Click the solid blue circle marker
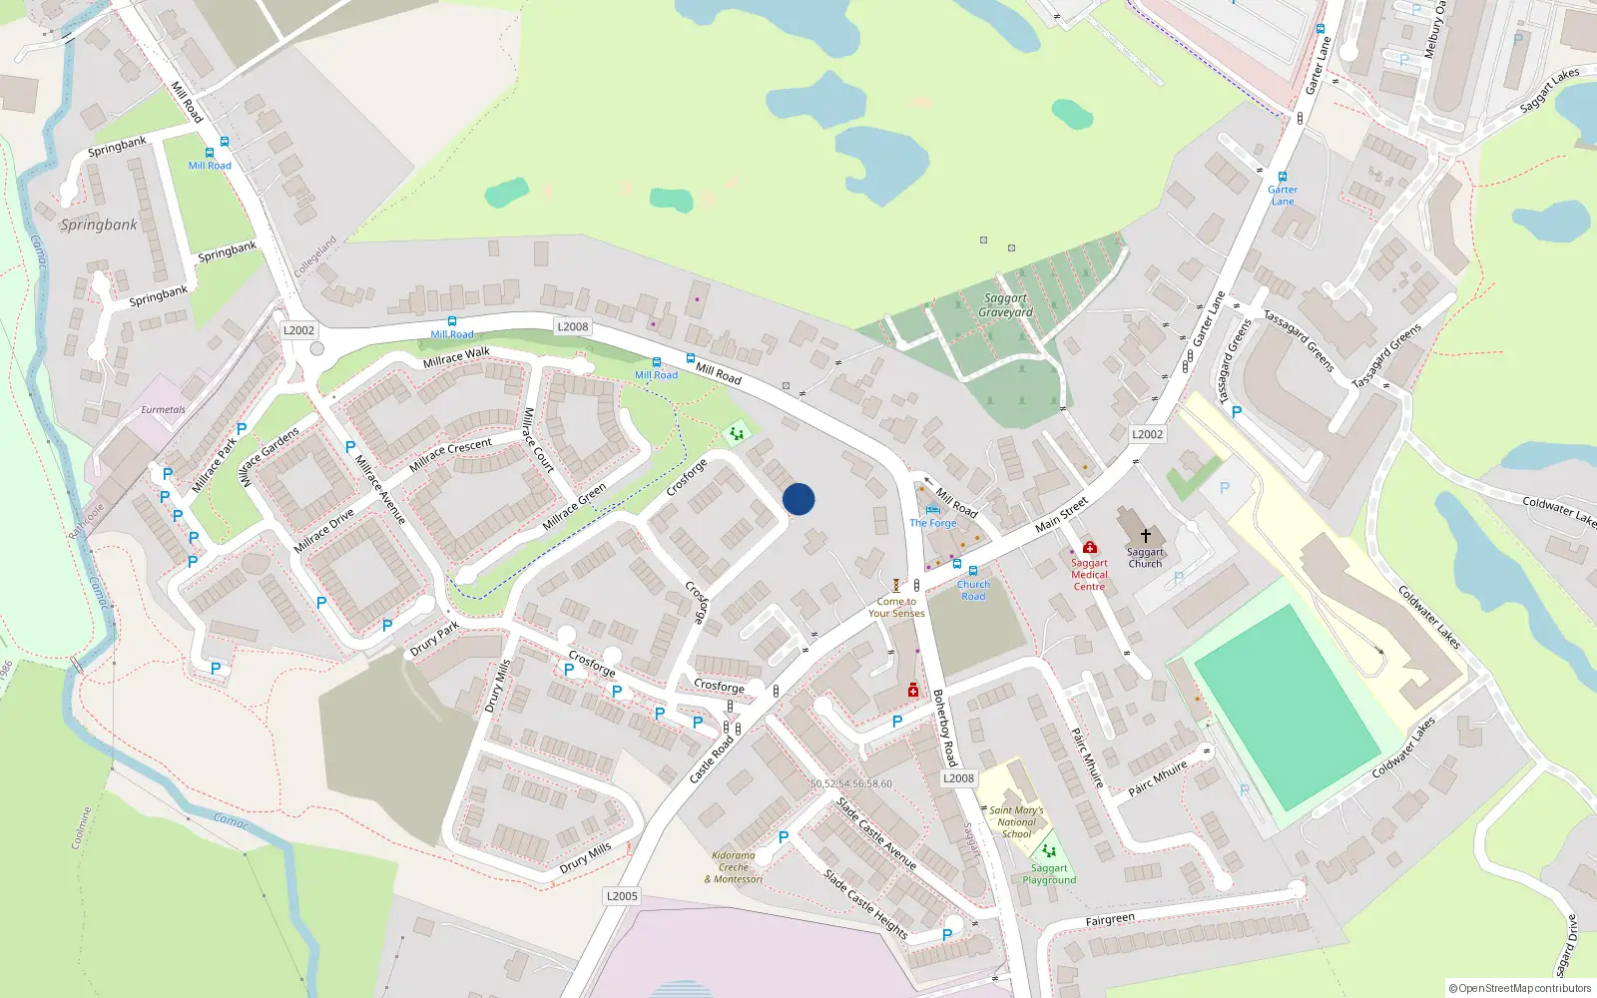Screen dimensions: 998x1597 pyautogui.click(x=798, y=499)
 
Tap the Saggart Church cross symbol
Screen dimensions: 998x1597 pyautogui.click(x=1146, y=536)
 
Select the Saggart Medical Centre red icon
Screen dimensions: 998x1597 pyautogui.click(x=1090, y=547)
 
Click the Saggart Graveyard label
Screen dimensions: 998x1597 pyautogui.click(x=1005, y=305)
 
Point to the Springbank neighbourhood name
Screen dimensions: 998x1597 pyautogui.click(x=99, y=225)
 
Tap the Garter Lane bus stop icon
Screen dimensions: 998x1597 pyautogui.click(x=1283, y=177)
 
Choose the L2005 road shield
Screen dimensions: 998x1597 pyautogui.click(x=622, y=896)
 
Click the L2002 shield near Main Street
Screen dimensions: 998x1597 pyautogui.click(x=1147, y=434)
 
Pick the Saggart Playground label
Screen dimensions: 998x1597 pyautogui.click(x=1049, y=874)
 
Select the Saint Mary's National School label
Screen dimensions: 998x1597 pyautogui.click(x=1016, y=822)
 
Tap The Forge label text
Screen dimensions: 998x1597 pyautogui.click(x=933, y=523)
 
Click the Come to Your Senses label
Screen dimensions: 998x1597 pyautogui.click(x=896, y=608)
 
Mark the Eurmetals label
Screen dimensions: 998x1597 pyautogui.click(x=163, y=410)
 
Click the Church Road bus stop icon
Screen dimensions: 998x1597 pyautogui.click(x=973, y=571)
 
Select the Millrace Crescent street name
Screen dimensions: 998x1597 pyautogui.click(x=450, y=454)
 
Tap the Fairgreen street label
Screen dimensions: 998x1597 pyautogui.click(x=1110, y=919)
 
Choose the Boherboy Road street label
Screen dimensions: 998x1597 pyautogui.click(x=944, y=728)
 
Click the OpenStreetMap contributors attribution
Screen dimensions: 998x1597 pyautogui.click(x=1519, y=988)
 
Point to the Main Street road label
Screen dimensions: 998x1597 pyautogui.click(x=1061, y=515)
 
